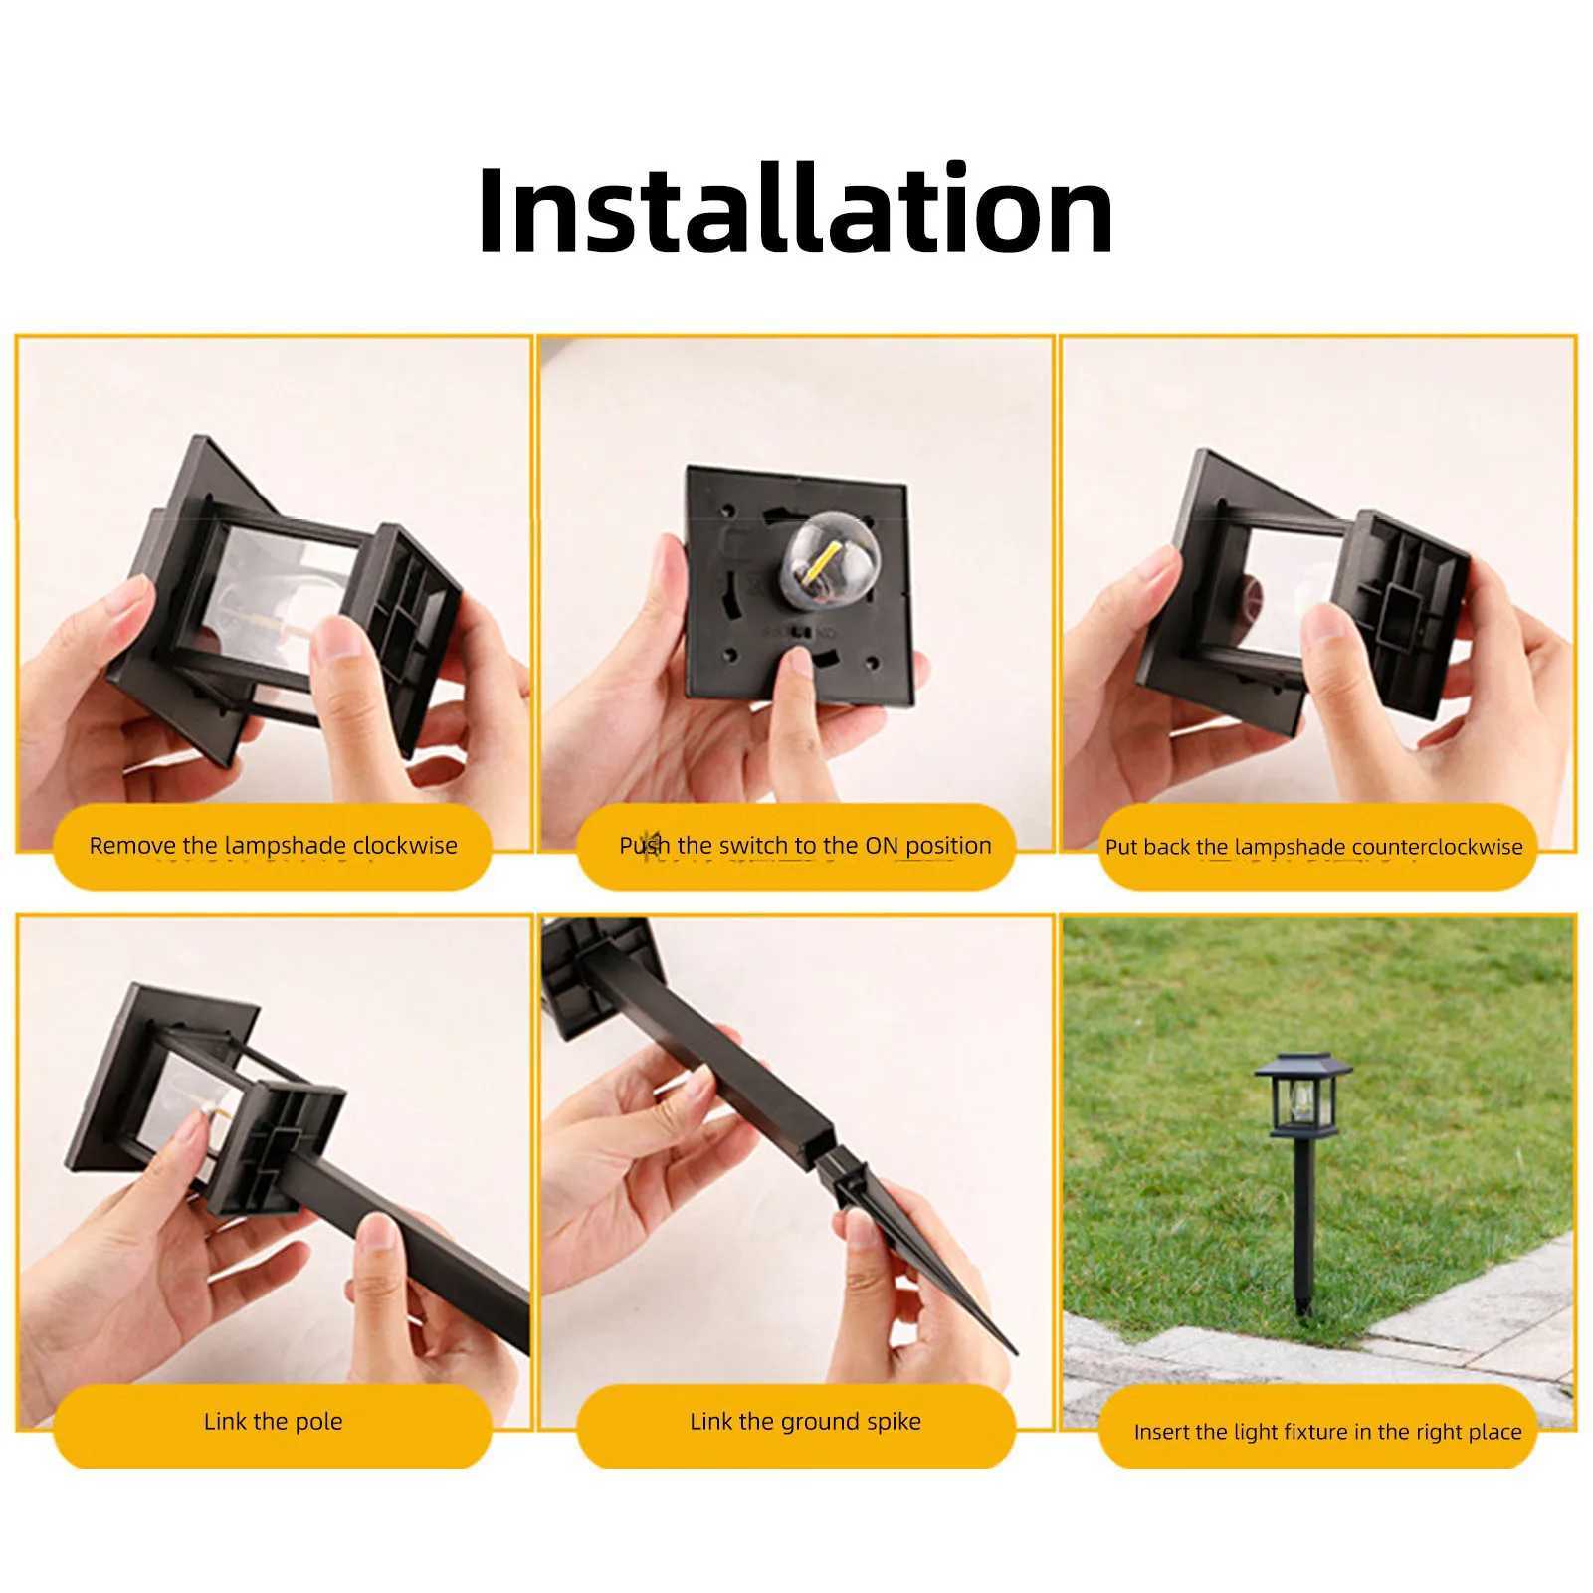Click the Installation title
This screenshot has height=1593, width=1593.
pos(795,211)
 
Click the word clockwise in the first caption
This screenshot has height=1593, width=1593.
pos(405,846)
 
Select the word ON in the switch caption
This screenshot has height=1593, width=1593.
pos(882,846)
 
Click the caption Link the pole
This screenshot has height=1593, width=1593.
pos(273,1422)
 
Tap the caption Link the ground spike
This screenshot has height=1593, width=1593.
pos(805,1422)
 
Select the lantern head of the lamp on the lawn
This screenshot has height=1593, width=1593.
pos(1302,1100)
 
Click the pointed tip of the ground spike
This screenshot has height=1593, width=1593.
pos(1012,1350)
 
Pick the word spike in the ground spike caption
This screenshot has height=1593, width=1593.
pos(895,1422)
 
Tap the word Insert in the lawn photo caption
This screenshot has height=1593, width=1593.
pos(1160,1433)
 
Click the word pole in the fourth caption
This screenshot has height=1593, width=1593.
pos(320,1422)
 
